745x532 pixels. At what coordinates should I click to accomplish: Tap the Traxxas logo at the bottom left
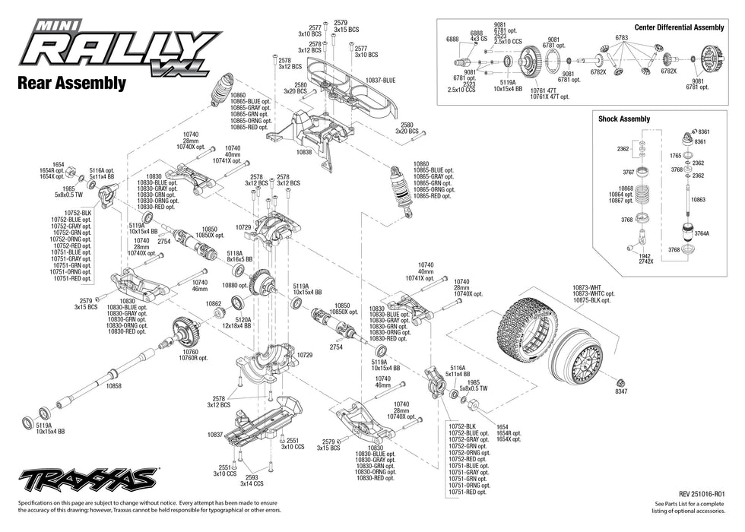coord(88,480)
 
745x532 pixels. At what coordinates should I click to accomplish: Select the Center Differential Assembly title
coord(679,27)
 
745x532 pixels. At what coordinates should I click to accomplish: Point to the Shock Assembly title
coord(624,119)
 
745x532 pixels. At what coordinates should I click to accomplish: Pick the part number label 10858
coord(93,386)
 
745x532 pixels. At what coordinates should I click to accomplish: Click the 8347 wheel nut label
coord(621,391)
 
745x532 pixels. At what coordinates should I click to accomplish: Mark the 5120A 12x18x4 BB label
coord(236,325)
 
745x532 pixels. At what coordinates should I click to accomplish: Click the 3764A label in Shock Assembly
coord(700,235)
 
